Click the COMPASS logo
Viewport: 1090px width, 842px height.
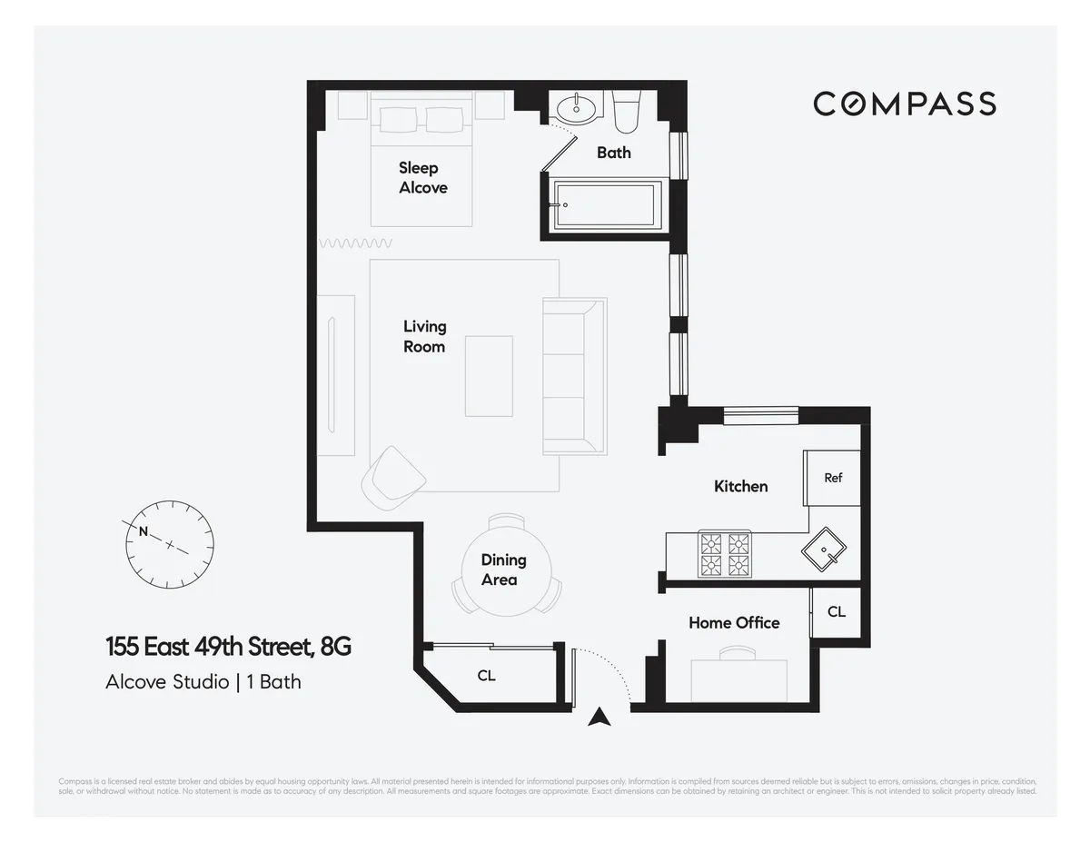[904, 104]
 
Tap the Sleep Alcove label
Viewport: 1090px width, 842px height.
[422, 178]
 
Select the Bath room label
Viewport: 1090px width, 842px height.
[613, 153]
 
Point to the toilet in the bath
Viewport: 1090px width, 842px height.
[627, 111]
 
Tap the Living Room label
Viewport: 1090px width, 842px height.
[424, 336]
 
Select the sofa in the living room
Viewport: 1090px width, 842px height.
[573, 375]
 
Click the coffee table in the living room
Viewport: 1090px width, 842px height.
[490, 375]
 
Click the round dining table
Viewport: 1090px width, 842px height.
[504, 570]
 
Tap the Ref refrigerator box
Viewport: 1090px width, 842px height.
[832, 478]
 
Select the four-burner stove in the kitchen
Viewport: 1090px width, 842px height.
[726, 554]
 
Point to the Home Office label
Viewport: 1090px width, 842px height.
[733, 623]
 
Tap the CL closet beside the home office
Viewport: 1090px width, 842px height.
[836, 612]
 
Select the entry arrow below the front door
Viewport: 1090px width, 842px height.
[598, 718]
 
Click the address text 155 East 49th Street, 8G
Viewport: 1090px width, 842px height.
[228, 648]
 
